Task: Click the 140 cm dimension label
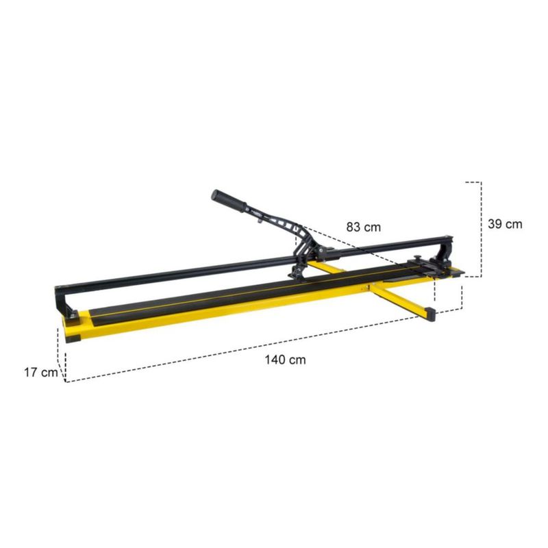point(285,360)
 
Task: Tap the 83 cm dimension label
point(364,227)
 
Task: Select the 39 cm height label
point(505,224)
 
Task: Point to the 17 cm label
point(41,373)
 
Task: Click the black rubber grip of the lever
point(229,201)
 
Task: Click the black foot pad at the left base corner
point(73,338)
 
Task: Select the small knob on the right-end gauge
point(417,258)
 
